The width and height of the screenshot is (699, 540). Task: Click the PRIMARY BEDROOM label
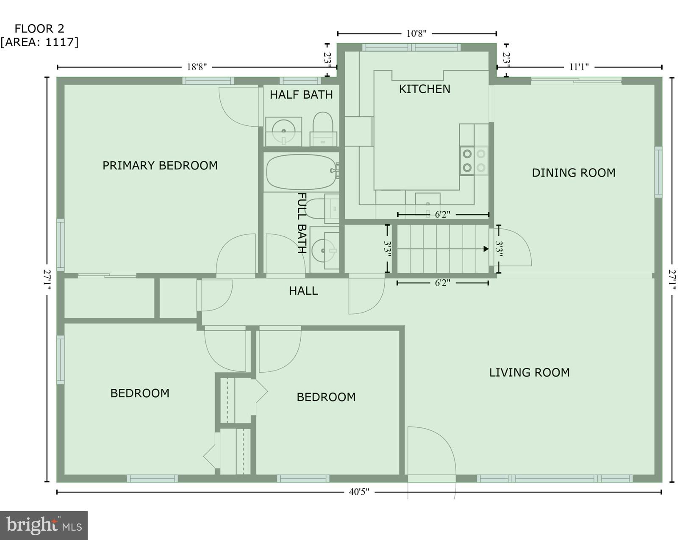pos(160,166)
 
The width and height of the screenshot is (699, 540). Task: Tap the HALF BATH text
pos(301,94)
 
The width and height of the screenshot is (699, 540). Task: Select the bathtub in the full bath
pos(301,172)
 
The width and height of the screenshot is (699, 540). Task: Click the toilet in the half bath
pos(323,123)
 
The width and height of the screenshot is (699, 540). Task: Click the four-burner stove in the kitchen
pos(474,161)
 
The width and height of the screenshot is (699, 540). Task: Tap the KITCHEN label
pos(424,89)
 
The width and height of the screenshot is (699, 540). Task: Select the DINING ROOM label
pos(573,173)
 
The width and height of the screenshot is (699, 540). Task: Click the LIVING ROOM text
pos(529,373)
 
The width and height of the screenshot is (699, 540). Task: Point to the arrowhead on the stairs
pos(486,249)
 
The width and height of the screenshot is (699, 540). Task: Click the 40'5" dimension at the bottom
pos(359,492)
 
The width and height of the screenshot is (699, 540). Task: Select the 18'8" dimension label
pos(197,67)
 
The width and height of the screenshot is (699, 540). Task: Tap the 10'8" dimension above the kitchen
pos(416,34)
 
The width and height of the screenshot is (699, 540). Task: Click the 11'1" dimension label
pos(579,67)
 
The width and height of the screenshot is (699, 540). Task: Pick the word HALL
pos(303,291)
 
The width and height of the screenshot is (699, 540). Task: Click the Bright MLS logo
pos(44,525)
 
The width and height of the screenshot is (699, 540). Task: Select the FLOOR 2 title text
pos(39,29)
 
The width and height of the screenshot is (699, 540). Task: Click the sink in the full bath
pos(323,250)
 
